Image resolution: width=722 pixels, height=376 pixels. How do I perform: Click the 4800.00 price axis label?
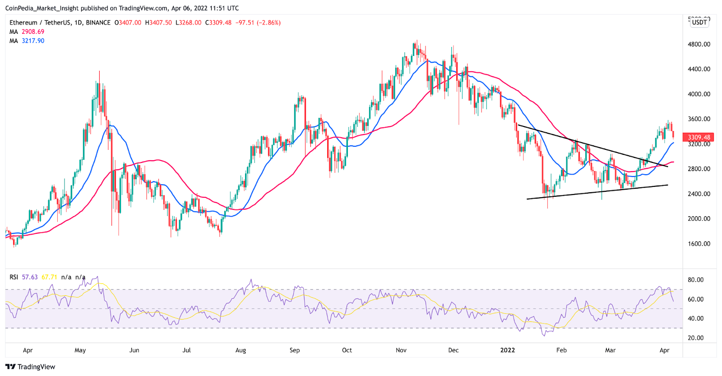coord(699,44)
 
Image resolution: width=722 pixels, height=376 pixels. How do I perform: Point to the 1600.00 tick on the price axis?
coord(699,244)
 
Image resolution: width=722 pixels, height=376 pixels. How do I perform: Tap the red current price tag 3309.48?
coord(699,137)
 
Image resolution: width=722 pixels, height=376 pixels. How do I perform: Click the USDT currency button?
coord(699,23)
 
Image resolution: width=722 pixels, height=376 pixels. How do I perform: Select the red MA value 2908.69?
coord(33,32)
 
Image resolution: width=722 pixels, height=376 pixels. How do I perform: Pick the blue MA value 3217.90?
coord(33,41)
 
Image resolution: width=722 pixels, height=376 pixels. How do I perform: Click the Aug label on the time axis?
coord(241,350)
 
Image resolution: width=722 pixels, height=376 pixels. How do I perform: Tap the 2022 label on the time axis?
coord(508,350)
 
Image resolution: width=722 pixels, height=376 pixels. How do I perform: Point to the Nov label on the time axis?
coord(401,350)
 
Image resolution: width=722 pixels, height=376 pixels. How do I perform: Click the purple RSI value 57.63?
coord(30,277)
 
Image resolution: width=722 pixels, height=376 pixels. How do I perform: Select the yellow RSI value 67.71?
coord(49,277)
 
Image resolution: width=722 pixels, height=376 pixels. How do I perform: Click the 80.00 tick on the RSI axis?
coord(695,280)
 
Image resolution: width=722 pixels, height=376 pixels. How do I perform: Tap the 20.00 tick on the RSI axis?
coord(695,338)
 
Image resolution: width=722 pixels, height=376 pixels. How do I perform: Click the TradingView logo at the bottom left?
coord(30,367)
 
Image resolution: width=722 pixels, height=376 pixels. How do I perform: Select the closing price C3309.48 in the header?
coord(218,23)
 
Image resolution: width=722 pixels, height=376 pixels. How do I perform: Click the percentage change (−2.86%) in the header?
coord(268,23)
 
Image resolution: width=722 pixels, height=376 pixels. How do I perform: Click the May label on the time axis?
coord(80,350)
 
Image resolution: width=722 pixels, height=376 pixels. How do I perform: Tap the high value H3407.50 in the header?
coord(158,23)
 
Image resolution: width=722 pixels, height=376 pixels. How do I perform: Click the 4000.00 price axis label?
coord(699,94)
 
